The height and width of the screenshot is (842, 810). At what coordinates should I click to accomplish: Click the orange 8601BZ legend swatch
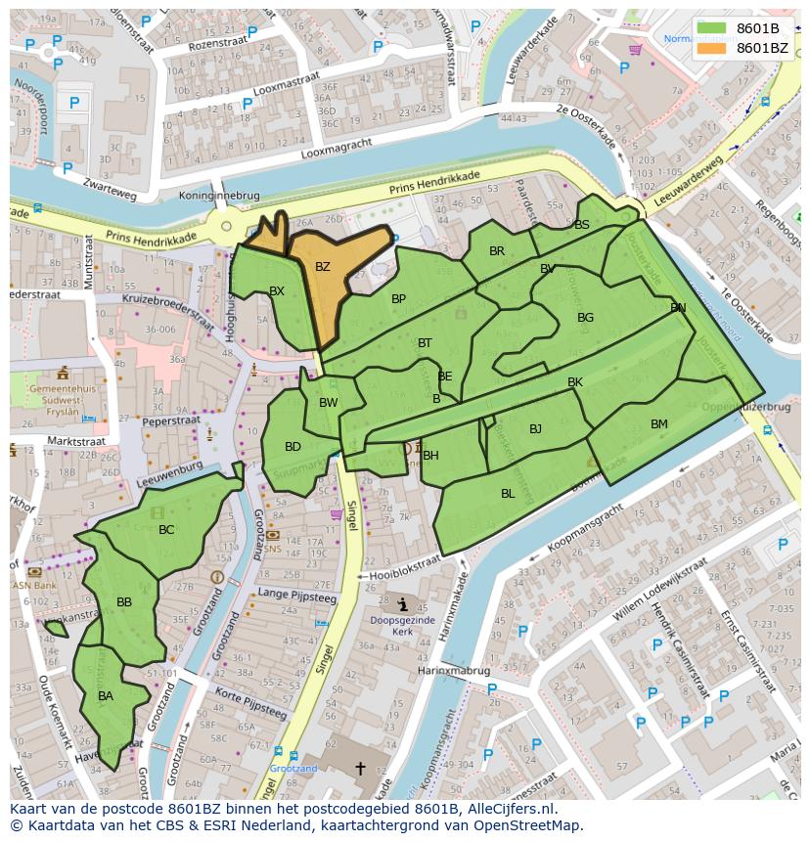(x=712, y=48)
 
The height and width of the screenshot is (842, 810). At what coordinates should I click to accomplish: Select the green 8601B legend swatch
(x=712, y=28)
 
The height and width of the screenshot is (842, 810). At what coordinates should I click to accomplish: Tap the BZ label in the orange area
(x=323, y=267)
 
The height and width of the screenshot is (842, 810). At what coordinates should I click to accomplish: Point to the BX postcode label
(x=277, y=291)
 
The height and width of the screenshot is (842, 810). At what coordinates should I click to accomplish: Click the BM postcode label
(x=658, y=423)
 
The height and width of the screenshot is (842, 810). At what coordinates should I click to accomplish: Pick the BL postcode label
(x=508, y=494)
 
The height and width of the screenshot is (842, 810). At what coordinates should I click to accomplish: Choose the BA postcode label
(x=106, y=696)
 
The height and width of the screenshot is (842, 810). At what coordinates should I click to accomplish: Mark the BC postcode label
(x=166, y=530)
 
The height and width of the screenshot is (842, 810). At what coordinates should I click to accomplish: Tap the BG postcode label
(x=585, y=318)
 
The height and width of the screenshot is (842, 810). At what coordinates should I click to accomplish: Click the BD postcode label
(x=292, y=447)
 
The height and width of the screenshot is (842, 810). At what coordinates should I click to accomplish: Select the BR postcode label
(x=497, y=251)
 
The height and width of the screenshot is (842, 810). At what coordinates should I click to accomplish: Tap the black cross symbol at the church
(x=360, y=769)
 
